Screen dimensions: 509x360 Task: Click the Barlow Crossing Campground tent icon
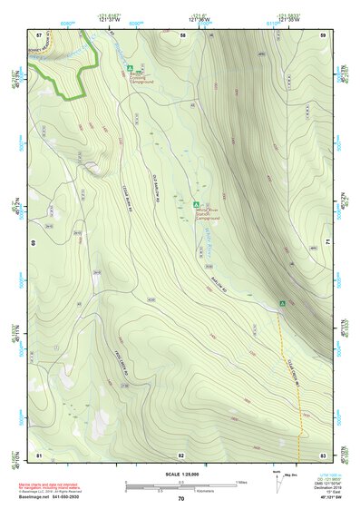[131, 68]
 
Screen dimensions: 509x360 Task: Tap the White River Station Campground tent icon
[197, 204]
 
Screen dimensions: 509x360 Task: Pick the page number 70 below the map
[180, 498]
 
